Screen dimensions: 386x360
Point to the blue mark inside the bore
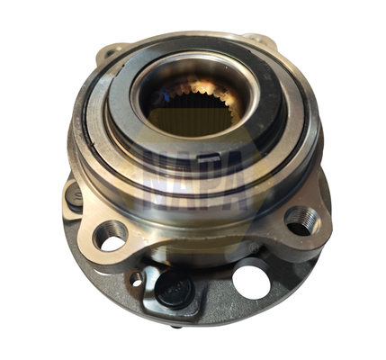click(166, 96)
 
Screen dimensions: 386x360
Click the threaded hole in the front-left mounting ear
click(110, 236)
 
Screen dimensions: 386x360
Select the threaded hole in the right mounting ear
click(301, 221)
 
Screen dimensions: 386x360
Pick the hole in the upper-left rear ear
click(111, 53)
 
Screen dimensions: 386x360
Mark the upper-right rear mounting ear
click(260, 41)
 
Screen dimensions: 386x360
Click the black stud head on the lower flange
click(175, 289)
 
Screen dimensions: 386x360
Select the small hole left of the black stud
click(137, 280)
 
